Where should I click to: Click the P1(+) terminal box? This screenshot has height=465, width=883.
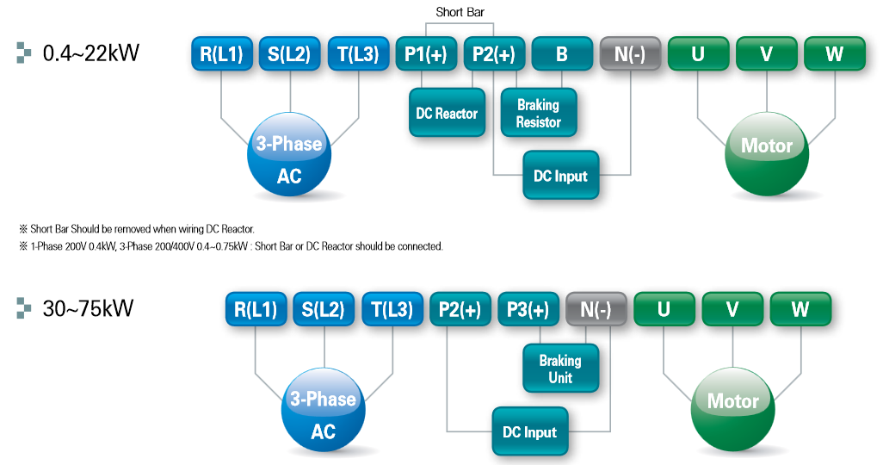(426, 54)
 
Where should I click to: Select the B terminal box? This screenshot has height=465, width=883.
(562, 54)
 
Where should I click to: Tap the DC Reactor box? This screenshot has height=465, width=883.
(446, 114)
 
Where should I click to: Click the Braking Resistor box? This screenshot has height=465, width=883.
(538, 114)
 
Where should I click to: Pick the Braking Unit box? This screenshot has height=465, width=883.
(560, 369)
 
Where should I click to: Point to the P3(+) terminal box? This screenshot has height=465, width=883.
(528, 310)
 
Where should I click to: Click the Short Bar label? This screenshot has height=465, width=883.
(460, 11)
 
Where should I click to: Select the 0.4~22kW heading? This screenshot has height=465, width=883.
(90, 54)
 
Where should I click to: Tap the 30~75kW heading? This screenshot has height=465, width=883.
(87, 308)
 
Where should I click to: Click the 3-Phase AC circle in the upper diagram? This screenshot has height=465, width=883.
(289, 155)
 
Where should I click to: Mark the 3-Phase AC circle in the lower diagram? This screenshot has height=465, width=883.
(323, 411)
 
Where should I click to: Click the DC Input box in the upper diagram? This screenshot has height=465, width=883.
(560, 177)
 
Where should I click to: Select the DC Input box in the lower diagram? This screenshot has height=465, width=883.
(529, 432)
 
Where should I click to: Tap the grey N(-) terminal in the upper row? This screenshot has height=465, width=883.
(630, 54)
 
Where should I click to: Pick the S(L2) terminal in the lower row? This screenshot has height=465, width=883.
(324, 310)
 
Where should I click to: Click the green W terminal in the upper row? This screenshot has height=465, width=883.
(834, 54)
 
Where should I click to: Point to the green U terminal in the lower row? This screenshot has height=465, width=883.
(664, 310)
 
